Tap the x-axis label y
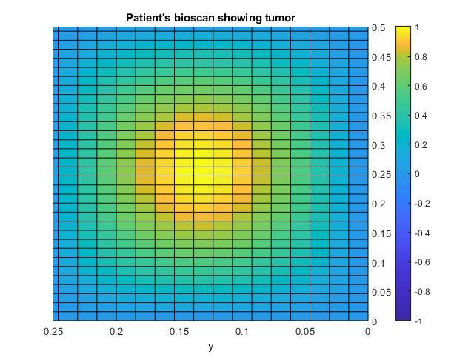click(211, 346)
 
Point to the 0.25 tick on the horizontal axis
click(53, 331)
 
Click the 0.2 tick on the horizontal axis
click(116, 331)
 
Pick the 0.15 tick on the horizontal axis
click(179, 331)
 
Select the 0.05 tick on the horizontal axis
click(305, 331)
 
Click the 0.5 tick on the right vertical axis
click(378, 28)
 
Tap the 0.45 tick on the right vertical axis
click(381, 57)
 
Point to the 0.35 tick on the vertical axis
click(381, 116)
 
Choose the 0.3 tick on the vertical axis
click(378, 145)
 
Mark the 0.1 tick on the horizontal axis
click(242, 331)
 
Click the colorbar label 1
click(418, 27)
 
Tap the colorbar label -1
click(419, 321)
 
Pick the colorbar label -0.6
click(422, 262)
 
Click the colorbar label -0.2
click(422, 204)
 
